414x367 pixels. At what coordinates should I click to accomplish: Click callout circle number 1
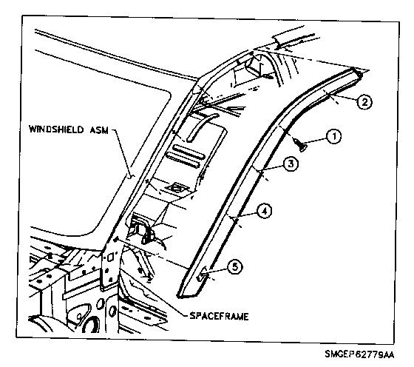(x=333, y=137)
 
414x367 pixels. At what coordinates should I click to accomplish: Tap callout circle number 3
(x=291, y=164)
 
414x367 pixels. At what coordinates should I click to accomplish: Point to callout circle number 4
(x=265, y=211)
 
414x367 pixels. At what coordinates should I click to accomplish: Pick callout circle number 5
(x=235, y=266)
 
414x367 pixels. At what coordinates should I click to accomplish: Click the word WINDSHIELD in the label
(x=56, y=129)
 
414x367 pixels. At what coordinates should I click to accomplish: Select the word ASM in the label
(x=98, y=129)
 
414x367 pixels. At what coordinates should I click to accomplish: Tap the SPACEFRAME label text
(x=219, y=316)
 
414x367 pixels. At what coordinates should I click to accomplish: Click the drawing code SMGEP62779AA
(x=359, y=354)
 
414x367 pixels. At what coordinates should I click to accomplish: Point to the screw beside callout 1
(x=301, y=145)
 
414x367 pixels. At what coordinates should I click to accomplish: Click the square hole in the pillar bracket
(x=111, y=256)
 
